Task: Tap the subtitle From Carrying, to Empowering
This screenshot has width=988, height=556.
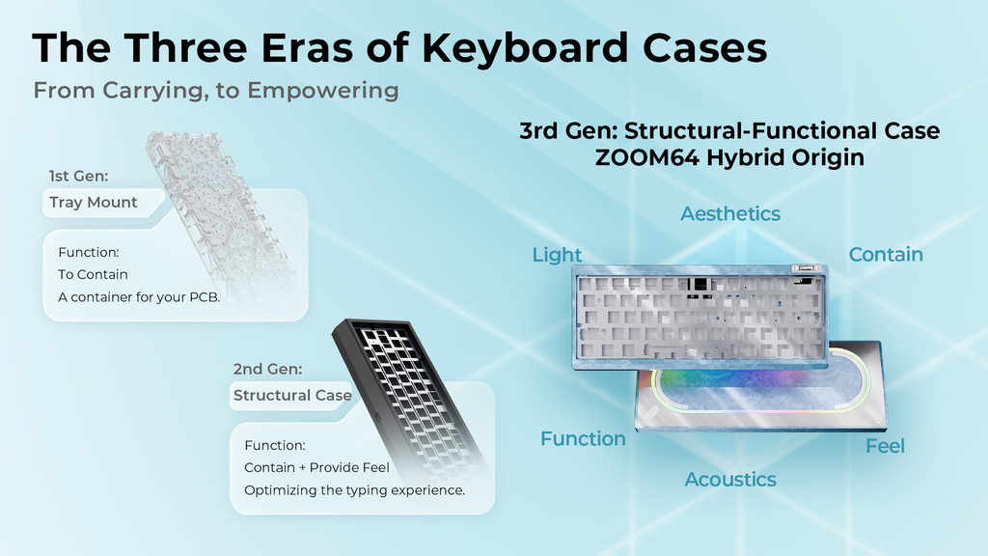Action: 216,91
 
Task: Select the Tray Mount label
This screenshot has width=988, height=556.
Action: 94,203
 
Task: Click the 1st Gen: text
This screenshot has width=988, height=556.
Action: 80,177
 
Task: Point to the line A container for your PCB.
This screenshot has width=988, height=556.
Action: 139,297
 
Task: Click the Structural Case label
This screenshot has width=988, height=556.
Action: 292,396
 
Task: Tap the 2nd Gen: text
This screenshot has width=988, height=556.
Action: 268,369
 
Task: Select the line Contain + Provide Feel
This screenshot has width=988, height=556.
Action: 316,467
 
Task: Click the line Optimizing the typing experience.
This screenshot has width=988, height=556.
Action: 354,490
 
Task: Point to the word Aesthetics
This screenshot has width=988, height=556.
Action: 730,213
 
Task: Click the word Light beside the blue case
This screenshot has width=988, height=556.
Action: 557,255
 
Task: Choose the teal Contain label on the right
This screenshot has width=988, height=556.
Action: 886,255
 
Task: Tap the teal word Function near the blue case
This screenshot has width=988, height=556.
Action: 583,439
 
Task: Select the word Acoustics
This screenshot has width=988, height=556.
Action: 730,480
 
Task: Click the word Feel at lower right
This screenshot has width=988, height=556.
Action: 885,446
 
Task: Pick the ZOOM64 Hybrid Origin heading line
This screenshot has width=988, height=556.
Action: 729,157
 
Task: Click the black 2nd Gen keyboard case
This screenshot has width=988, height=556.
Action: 405,386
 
